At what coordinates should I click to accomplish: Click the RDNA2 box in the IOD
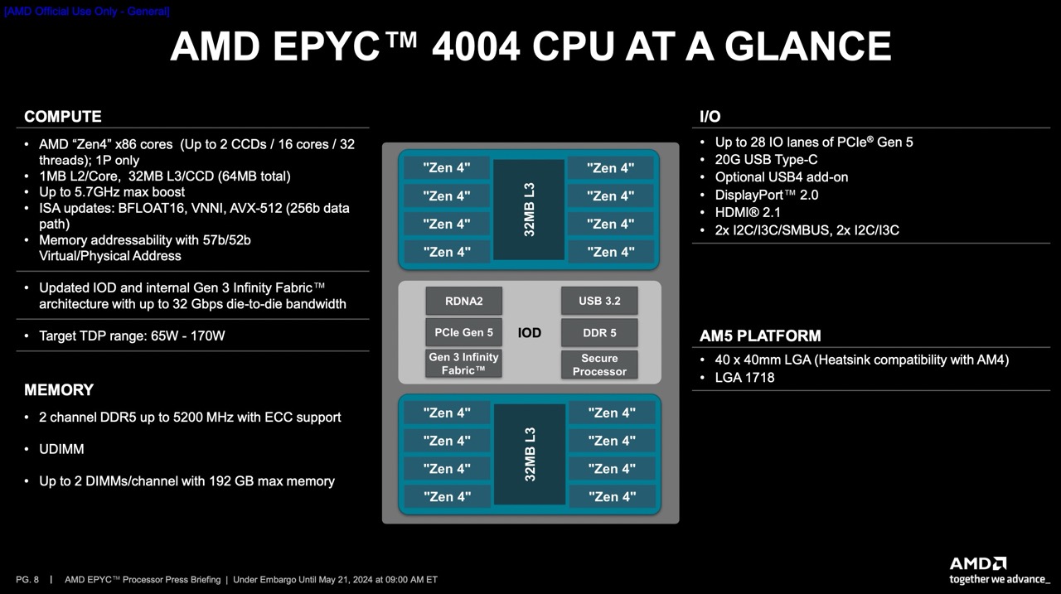(463, 301)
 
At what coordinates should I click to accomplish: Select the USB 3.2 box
(599, 301)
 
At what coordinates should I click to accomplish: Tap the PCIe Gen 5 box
(463, 332)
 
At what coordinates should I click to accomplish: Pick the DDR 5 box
(599, 332)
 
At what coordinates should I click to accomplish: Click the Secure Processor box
(599, 365)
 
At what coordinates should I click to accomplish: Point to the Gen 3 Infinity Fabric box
(463, 364)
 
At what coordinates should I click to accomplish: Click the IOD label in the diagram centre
(529, 333)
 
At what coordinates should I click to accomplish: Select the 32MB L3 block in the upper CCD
(529, 210)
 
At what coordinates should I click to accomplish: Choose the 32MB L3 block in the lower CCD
(530, 454)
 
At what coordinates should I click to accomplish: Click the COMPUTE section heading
(62, 117)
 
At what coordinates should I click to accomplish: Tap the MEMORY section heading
(59, 389)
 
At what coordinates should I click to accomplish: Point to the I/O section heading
(710, 117)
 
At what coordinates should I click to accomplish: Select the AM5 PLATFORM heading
(760, 336)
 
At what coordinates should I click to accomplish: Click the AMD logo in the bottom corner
(977, 563)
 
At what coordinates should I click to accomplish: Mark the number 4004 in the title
(476, 46)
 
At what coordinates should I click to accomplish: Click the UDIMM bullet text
(61, 449)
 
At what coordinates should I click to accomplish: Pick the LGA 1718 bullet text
(744, 377)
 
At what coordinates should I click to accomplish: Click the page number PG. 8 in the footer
(27, 579)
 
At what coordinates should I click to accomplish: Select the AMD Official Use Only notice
(87, 11)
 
